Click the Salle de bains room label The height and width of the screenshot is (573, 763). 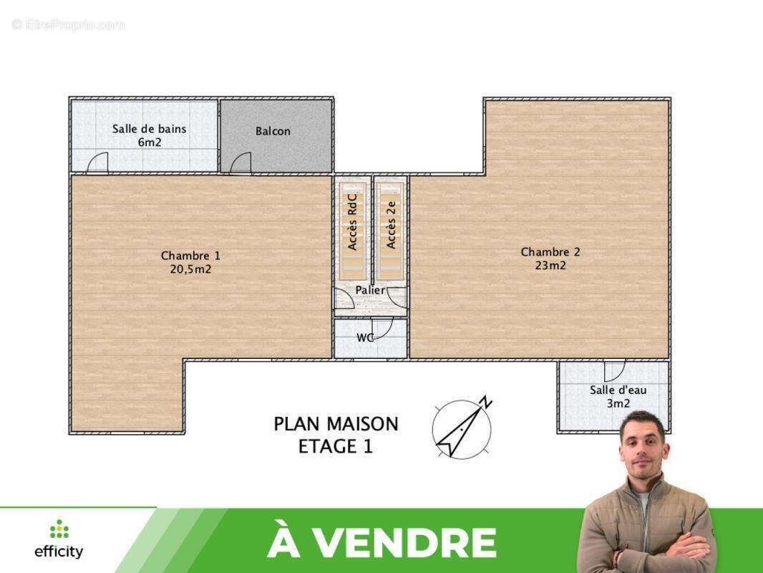pyautogui.click(x=149, y=135)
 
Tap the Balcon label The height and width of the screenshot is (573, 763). pyautogui.click(x=273, y=131)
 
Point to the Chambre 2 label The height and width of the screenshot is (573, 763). pyautogui.click(x=550, y=258)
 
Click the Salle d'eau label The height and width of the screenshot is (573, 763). pyautogui.click(x=618, y=396)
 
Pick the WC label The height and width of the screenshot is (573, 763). pyautogui.click(x=365, y=338)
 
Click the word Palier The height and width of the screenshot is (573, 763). pyautogui.click(x=370, y=290)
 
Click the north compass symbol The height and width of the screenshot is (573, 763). pyautogui.click(x=462, y=428)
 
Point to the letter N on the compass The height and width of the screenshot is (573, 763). pyautogui.click(x=486, y=401)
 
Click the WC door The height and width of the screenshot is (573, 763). pyautogui.click(x=383, y=329)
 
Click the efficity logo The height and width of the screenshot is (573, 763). pyautogui.click(x=59, y=540)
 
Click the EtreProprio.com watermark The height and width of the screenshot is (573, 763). pyautogui.click(x=68, y=24)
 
